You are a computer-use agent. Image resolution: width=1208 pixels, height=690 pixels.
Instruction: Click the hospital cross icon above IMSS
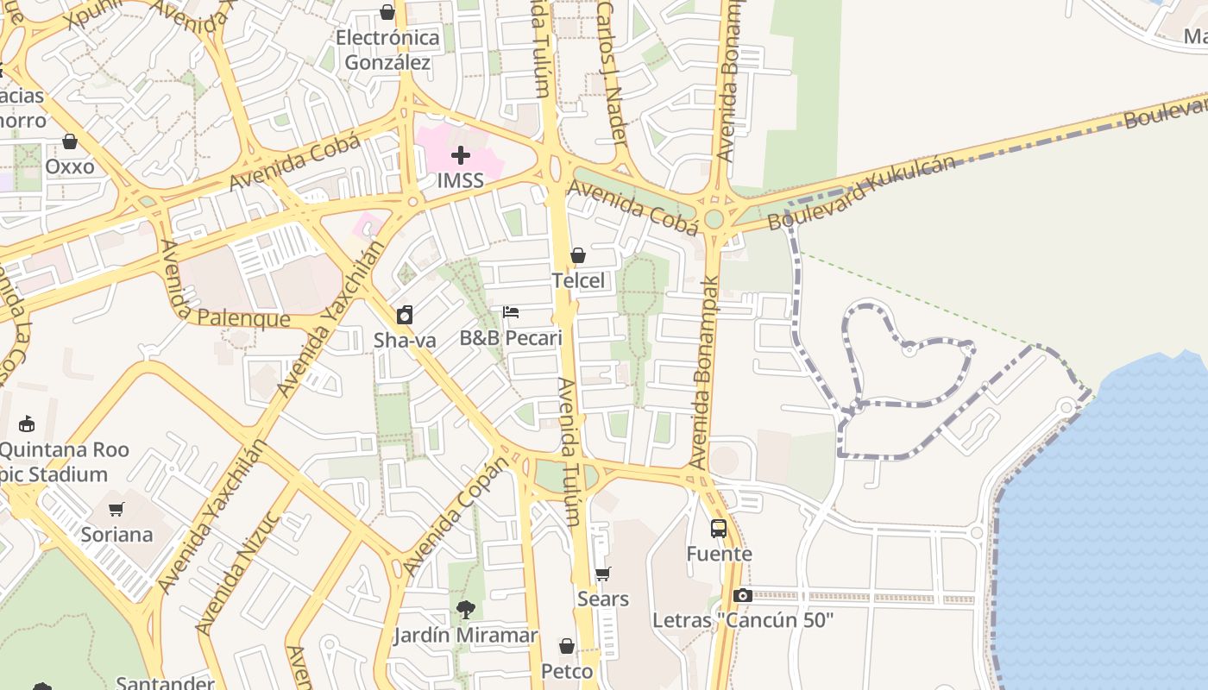(461, 155)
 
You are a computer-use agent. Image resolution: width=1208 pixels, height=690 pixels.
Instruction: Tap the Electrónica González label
(387, 50)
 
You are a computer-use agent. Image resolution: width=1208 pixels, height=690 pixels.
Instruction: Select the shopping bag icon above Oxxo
(70, 141)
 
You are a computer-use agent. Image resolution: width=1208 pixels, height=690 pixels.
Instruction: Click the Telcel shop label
(578, 280)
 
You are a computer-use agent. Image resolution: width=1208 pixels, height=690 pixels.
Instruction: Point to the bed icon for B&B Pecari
(511, 312)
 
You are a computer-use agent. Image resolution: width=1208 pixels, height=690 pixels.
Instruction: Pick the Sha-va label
(405, 341)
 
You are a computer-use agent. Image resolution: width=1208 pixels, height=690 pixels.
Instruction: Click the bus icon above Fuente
(719, 528)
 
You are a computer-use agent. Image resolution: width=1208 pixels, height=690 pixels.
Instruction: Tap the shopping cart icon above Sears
(602, 574)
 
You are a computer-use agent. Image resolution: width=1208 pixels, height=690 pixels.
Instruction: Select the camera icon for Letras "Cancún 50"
(742, 595)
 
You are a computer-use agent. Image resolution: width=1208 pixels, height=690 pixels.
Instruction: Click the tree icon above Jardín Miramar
(465, 610)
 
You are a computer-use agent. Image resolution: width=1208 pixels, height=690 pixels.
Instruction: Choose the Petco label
(567, 671)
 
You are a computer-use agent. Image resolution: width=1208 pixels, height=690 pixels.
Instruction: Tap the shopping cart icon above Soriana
(116, 509)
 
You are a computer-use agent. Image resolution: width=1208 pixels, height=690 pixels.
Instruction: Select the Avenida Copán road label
(456, 517)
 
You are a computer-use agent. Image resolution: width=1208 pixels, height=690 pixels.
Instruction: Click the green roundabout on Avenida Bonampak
(714, 219)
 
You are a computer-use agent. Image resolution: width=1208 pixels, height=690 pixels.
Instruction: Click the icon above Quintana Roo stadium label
(27, 423)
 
